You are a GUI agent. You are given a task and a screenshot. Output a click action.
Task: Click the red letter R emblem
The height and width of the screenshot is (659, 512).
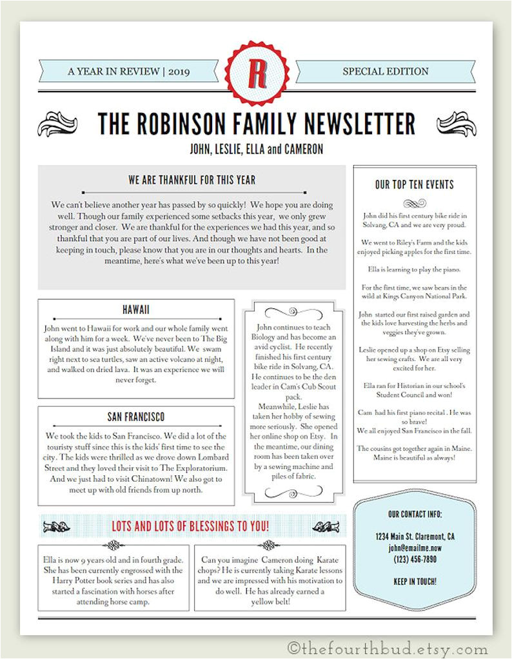(257, 72)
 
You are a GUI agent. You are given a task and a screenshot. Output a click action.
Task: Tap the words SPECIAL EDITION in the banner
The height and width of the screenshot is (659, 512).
(386, 72)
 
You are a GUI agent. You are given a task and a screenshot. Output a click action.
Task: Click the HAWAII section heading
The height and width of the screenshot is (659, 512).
(135, 310)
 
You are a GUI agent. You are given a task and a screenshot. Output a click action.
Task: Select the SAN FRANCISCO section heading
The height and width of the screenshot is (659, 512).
(135, 417)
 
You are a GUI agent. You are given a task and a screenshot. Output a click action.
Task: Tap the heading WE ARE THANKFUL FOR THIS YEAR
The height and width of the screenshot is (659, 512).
(192, 180)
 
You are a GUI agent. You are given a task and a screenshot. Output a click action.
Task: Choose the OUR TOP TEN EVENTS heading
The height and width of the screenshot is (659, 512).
(415, 184)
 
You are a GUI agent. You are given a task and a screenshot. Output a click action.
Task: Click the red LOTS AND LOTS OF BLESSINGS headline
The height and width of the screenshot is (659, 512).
(191, 526)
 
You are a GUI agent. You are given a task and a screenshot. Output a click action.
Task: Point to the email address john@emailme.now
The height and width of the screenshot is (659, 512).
(415, 547)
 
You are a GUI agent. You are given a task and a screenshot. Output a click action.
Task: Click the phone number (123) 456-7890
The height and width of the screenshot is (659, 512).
(415, 559)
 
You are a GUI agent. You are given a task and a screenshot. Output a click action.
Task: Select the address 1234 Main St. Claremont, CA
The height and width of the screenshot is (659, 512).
(415, 536)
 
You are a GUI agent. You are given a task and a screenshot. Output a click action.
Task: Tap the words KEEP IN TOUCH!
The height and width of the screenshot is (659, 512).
(415, 581)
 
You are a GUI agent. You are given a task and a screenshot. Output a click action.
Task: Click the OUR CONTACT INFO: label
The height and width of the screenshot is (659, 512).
(415, 514)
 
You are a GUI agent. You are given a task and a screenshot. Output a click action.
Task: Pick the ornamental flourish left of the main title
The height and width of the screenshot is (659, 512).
(58, 123)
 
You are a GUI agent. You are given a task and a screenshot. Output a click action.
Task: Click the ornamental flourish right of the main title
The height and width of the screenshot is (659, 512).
(456, 123)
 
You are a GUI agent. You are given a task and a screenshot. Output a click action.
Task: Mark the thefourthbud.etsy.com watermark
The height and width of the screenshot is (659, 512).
(388, 648)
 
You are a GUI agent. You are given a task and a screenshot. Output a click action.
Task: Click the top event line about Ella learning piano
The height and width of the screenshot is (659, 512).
(415, 269)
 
